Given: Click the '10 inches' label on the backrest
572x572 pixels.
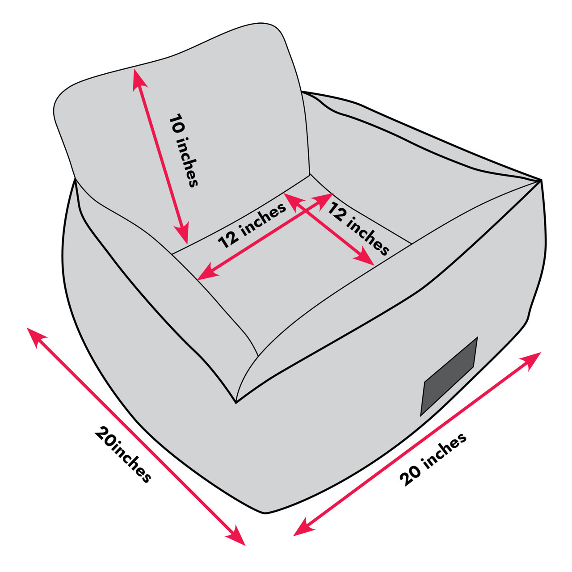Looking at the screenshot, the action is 183,150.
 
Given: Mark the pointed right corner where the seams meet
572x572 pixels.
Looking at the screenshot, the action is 541,180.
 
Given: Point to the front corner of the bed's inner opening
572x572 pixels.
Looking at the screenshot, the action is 236,403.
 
